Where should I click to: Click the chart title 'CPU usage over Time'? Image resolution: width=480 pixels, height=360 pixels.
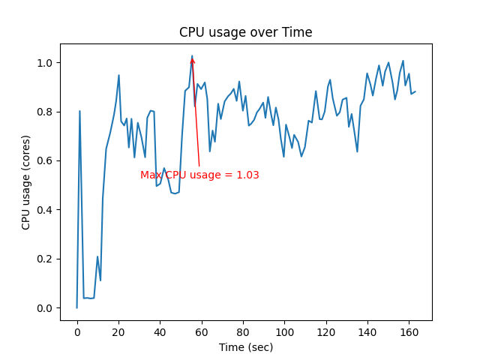coord(245,32)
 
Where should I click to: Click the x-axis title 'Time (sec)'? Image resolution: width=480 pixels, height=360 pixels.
coord(245,347)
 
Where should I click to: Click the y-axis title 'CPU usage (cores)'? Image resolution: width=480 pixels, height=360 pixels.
coord(26,182)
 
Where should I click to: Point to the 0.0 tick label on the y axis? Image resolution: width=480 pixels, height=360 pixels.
coord(46,308)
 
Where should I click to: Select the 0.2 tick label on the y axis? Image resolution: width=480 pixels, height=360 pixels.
coord(46,259)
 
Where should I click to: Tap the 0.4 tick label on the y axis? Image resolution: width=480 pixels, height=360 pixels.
coord(46,210)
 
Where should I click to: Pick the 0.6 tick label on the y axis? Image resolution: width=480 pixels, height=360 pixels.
coord(46,161)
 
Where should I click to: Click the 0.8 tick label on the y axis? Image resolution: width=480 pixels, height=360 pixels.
coord(46,112)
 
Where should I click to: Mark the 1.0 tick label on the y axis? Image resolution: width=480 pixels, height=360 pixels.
coord(46,63)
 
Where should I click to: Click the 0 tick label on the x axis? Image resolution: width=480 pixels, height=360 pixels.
coord(77,331)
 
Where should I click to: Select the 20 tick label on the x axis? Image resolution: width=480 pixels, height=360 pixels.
coord(118,331)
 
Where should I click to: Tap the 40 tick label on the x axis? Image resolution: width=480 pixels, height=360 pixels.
coord(160,331)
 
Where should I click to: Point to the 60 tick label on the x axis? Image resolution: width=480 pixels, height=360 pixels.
coord(202,331)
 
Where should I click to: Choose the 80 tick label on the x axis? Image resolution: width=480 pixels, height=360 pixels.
coord(243,331)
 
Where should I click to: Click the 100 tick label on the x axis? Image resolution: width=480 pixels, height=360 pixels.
coord(284,331)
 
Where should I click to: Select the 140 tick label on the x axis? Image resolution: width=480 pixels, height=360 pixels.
coord(367,331)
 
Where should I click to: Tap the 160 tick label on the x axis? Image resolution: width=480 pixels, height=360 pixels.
coord(409,331)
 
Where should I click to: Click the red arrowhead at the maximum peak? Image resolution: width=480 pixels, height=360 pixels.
coord(193,60)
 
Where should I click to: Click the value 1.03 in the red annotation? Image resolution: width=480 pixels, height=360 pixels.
coord(247,175)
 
